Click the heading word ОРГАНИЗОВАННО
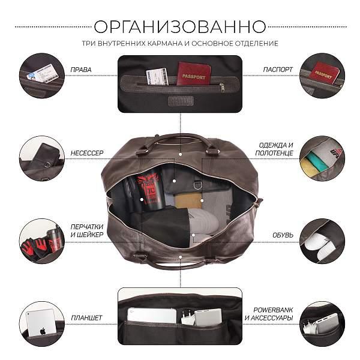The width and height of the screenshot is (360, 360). click(x=180, y=26)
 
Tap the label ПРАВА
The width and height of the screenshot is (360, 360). click(x=81, y=70)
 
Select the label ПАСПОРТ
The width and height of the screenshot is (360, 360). click(x=278, y=70)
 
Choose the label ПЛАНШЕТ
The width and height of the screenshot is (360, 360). click(x=87, y=317)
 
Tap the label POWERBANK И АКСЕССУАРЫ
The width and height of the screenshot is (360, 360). click(x=273, y=313)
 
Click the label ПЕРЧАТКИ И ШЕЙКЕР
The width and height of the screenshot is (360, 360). click(x=87, y=230)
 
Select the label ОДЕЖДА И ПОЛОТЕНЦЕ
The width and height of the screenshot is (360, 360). click(x=276, y=149)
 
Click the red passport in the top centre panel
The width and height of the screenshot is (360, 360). click(x=194, y=73)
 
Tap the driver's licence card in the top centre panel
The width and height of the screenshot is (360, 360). click(x=157, y=77)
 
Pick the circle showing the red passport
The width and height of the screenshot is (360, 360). click(x=322, y=75)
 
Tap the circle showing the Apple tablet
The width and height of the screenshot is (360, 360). click(x=41, y=323)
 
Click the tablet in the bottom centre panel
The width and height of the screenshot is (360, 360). click(x=152, y=316)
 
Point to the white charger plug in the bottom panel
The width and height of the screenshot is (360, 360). click(x=188, y=318)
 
